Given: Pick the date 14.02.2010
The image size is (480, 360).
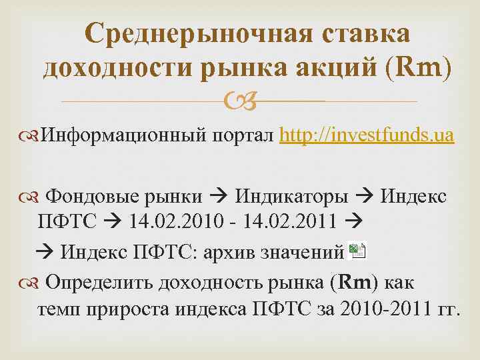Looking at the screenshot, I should coord(171,224).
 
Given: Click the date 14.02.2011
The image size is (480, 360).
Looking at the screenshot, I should coord(293,224).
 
